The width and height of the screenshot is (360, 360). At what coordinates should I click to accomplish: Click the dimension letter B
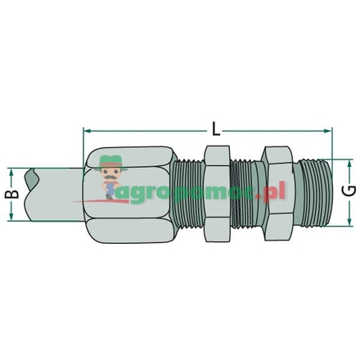tap(11, 195)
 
